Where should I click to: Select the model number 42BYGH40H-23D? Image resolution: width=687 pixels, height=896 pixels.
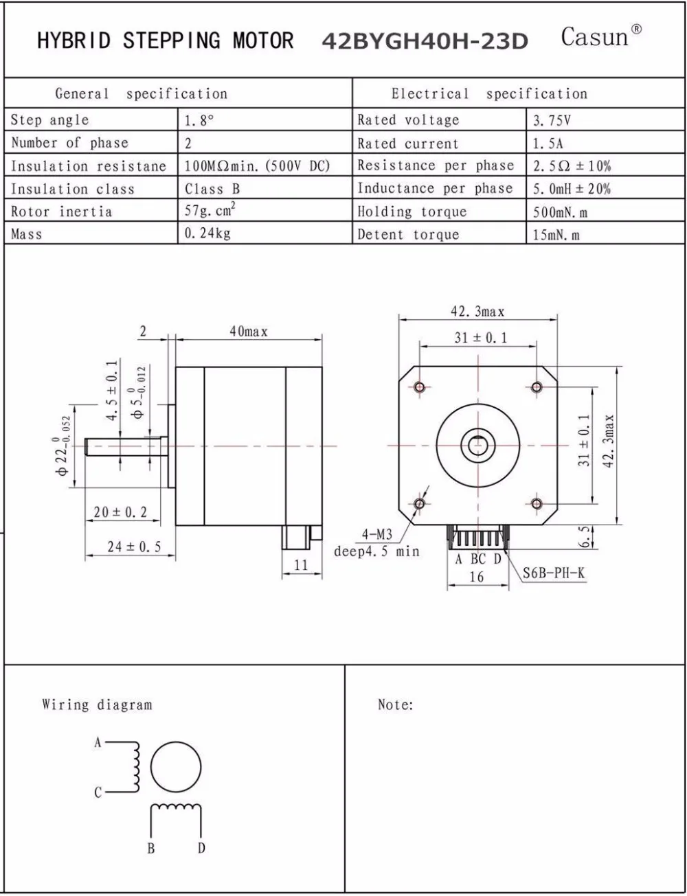coord(425,41)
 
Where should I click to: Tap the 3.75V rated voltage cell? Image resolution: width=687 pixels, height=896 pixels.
coord(552,120)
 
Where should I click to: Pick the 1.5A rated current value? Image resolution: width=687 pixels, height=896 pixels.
coord(548,143)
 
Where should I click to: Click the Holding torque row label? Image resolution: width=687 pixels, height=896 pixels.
coord(412,211)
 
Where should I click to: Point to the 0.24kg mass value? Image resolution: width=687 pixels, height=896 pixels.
coord(207,233)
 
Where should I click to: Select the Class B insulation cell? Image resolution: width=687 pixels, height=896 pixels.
coord(212,189)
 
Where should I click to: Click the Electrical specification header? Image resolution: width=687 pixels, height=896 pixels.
coord(489,93)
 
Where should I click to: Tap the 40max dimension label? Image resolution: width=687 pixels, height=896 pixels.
coord(249,332)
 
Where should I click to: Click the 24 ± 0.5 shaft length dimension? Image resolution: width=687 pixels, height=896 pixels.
coord(134,547)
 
